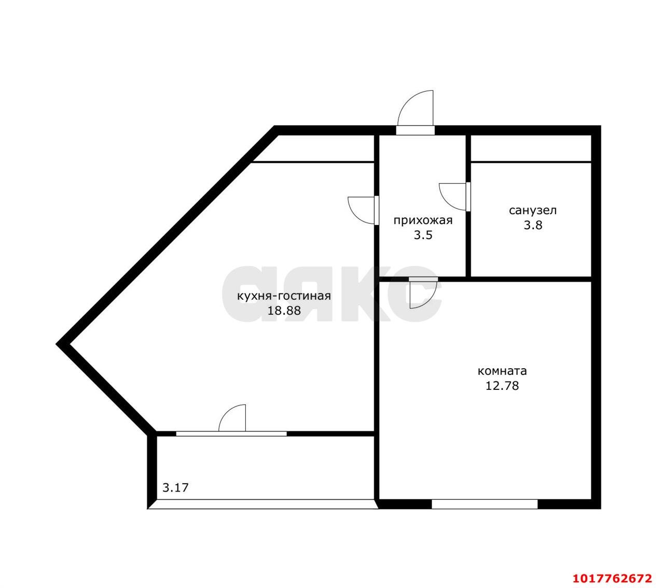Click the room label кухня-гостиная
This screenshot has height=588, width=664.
coord(284,297)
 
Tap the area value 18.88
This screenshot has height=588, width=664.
coord(284,311)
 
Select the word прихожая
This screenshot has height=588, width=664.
coord(423,221)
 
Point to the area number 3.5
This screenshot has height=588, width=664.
coord(423,235)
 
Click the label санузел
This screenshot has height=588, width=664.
coord(533,211)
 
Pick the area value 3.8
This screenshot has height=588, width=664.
coord(533,225)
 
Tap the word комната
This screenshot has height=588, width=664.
coord(502,371)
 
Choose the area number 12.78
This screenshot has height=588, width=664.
coord(502,386)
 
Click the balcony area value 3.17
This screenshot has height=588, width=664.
coord(176,488)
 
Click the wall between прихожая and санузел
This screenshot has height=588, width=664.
coord(468,206)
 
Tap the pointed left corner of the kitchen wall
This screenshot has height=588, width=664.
coord(59,344)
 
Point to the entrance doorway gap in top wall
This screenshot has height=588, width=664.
coord(415,130)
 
